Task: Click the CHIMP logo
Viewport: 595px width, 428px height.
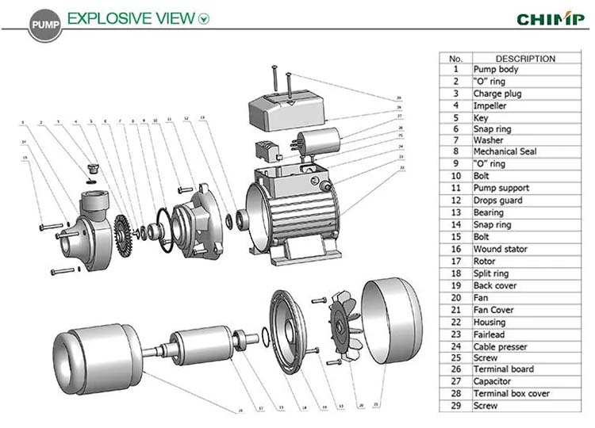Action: click(x=551, y=18)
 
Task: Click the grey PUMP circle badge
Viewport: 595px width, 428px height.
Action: click(x=44, y=25)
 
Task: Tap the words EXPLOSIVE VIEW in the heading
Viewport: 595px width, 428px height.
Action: click(x=130, y=17)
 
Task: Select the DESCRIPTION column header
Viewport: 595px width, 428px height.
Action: click(x=525, y=58)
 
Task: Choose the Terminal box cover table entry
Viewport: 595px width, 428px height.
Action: click(x=511, y=393)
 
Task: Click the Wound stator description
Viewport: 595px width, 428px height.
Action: click(x=500, y=249)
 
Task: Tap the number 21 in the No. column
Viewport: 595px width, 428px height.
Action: click(x=455, y=309)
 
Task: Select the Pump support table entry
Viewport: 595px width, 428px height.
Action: click(x=501, y=188)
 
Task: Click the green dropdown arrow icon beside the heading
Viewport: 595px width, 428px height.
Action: click(x=205, y=18)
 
